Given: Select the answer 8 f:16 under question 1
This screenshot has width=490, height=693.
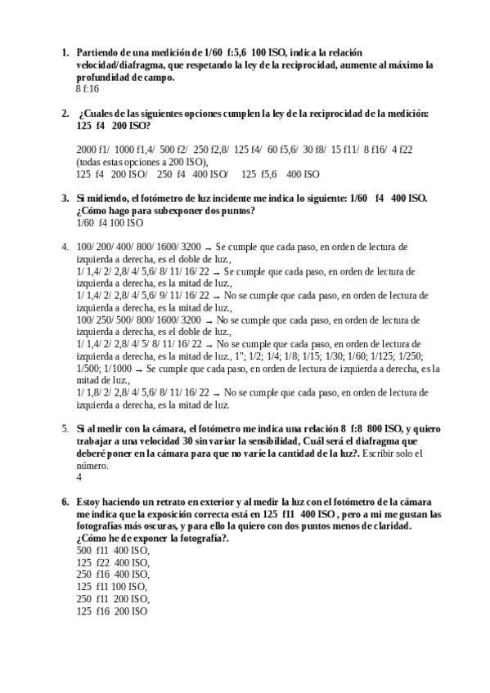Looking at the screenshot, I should (x=87, y=88).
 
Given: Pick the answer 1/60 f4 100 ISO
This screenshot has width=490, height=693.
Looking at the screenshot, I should (x=110, y=222).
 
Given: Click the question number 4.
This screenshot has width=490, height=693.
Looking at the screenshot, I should (x=65, y=246).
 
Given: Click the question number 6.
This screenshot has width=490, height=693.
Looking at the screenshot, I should (x=65, y=501).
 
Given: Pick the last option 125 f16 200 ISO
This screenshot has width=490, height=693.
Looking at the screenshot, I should (x=111, y=610).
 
